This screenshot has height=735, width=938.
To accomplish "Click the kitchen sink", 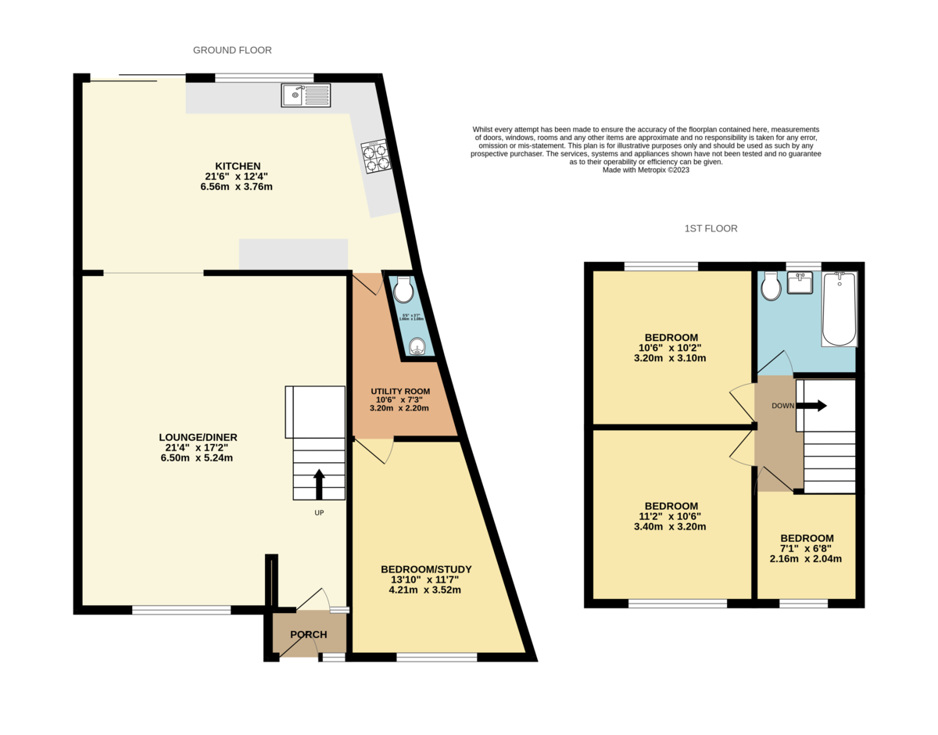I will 306,95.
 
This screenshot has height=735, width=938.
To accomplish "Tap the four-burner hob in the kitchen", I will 375,156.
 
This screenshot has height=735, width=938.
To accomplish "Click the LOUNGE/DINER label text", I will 198,437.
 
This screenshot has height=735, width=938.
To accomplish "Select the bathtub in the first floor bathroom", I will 840,308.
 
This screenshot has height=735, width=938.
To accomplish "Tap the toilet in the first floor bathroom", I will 771,286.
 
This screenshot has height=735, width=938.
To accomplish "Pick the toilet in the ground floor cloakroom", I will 403,290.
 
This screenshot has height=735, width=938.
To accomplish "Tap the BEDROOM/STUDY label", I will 426,569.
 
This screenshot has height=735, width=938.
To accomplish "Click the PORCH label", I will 308,634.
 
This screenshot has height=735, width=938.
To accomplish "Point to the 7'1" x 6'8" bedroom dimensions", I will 806,549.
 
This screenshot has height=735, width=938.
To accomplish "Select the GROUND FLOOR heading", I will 232,50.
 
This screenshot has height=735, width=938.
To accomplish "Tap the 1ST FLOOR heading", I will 711,228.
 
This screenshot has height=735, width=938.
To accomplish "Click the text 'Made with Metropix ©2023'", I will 646,170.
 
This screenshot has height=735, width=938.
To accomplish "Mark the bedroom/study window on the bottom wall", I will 436,658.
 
